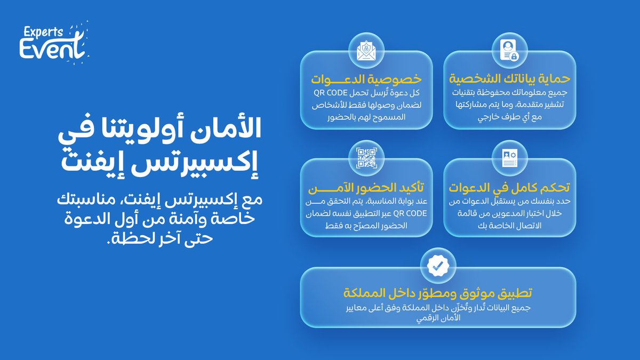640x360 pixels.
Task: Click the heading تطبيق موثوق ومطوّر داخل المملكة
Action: pyautogui.click(x=438, y=293)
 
